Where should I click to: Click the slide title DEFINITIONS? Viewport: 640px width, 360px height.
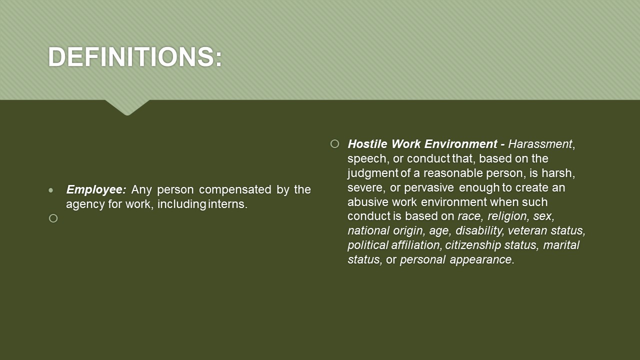pos(135,56)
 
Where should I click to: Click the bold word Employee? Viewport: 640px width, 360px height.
pos(96,189)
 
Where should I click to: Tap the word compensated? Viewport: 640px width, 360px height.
pos(235,190)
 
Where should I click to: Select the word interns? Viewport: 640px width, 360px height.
pos(227,204)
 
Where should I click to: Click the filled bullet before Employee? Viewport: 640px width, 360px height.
pos(51,190)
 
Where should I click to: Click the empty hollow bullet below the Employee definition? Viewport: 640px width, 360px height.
pos(53,218)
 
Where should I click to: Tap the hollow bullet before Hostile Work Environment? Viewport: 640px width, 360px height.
pos(334,143)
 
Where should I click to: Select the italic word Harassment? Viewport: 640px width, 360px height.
pos(540,144)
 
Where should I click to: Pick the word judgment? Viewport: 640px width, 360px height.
pos(373,173)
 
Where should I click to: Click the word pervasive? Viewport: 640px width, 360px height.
pos(429,188)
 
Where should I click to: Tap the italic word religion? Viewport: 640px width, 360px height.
pos(507,216)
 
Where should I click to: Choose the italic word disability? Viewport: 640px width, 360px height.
pos(479,230)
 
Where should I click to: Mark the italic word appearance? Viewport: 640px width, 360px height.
pos(482,260)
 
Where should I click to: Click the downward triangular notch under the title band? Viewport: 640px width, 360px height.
pos(127,107)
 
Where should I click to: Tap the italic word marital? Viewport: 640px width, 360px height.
pos(561,245)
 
